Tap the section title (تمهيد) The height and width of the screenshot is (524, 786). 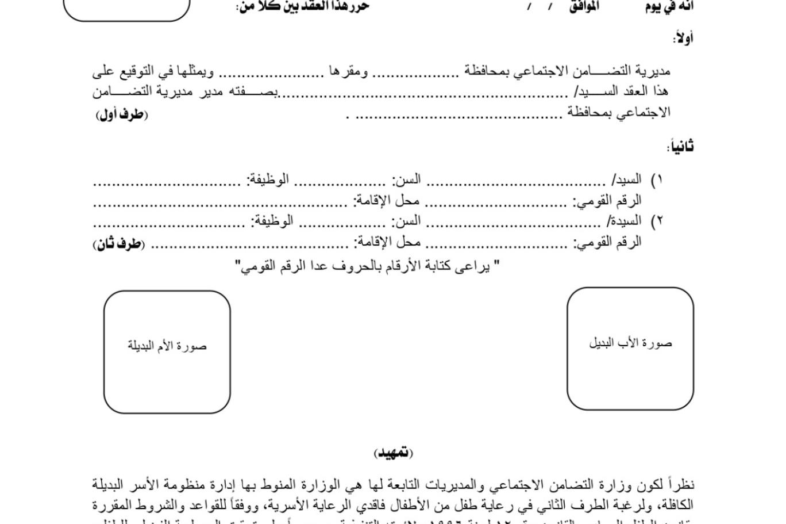click(x=394, y=453)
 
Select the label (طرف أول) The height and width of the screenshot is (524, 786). click(x=122, y=114)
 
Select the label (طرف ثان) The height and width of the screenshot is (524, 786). click(x=119, y=244)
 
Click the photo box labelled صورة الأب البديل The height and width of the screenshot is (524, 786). click(x=630, y=349)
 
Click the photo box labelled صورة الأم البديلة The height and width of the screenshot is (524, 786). click(x=167, y=352)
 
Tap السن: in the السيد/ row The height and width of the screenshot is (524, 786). click(x=406, y=179)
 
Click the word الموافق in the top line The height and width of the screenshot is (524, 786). click(x=584, y=6)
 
